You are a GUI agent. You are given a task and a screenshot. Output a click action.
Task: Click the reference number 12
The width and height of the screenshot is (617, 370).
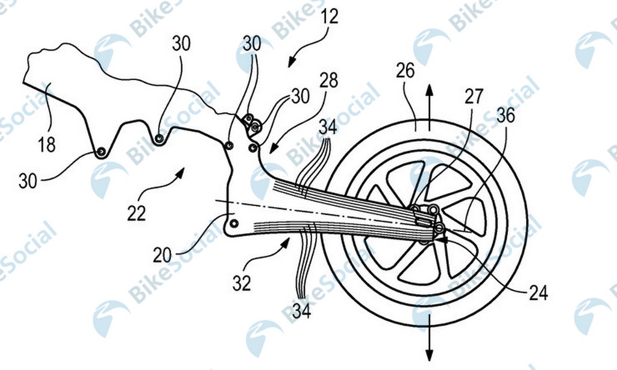click(329, 16)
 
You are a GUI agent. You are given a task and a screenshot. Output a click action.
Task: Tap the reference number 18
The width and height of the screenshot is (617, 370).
click(47, 145)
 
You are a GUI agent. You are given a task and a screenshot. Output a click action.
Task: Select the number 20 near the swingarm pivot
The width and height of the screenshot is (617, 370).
click(162, 255)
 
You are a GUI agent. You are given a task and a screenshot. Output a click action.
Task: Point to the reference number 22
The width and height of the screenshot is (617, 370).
click(137, 213)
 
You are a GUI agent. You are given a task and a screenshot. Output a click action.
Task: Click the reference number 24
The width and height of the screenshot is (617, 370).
click(538, 292)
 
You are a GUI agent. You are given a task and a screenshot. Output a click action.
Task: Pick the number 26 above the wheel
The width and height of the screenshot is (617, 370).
click(406, 71)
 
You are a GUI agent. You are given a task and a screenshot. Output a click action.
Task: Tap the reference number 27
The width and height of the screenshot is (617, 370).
click(474, 96)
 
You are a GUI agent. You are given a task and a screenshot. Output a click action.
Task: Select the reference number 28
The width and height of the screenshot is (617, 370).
click(328, 80)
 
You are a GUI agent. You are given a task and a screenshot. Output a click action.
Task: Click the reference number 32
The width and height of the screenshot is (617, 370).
click(242, 283)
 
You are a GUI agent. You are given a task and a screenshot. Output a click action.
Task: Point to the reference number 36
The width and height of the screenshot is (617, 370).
click(506, 115)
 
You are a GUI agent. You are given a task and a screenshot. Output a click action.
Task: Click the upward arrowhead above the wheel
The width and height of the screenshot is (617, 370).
click(429, 90)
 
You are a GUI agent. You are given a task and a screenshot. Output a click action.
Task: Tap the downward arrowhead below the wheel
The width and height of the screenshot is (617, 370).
click(429, 354)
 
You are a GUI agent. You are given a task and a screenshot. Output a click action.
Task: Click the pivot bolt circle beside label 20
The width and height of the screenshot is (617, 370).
click(234, 224)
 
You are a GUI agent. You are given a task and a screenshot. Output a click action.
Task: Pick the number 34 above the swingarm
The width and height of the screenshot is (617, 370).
click(328, 128)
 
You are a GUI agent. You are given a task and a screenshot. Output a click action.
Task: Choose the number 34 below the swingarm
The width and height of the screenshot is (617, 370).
click(301, 310)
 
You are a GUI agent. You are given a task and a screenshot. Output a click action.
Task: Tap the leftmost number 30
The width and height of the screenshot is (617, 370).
click(28, 181)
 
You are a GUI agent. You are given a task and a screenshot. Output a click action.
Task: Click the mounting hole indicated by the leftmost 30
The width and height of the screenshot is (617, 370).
click(101, 152)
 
